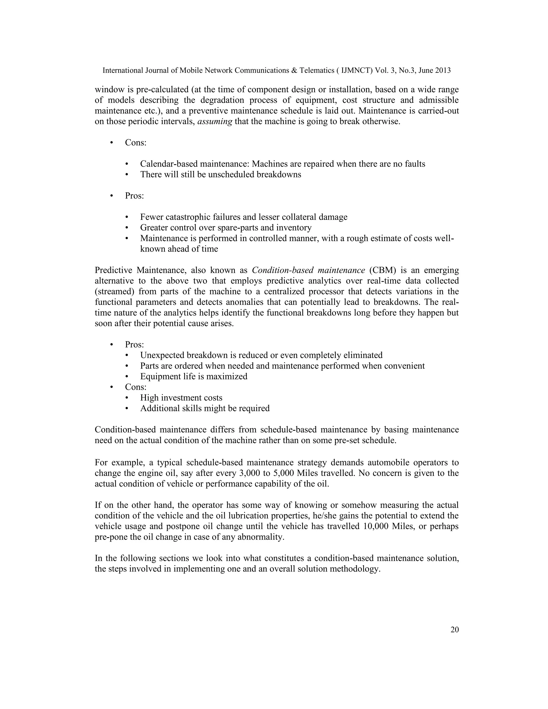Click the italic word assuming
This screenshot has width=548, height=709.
coord(215,122)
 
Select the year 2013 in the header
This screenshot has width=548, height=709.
coord(443,70)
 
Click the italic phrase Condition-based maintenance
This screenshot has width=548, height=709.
coord(309,270)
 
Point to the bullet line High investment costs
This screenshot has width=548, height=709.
coord(181,398)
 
